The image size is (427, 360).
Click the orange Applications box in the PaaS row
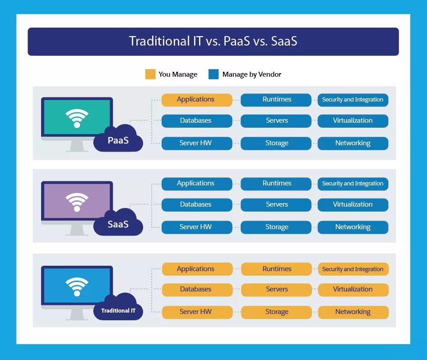tap(196, 100)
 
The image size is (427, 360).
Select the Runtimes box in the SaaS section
tap(276, 184)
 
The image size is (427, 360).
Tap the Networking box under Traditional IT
tap(353, 312)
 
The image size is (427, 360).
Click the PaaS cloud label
tap(118, 140)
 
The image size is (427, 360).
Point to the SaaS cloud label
tap(118, 224)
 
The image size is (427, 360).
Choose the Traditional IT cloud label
tap(118, 310)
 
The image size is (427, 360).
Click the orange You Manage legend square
tap(150, 74)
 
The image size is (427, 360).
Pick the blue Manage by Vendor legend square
tap(213, 74)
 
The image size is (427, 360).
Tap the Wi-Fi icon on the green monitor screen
tap(77, 118)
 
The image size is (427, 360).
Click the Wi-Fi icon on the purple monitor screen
tap(77, 202)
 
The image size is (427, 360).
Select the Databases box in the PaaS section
tap(196, 121)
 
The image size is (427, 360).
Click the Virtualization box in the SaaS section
tap(353, 205)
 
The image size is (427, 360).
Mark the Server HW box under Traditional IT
tap(196, 312)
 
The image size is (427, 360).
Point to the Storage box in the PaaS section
tap(276, 143)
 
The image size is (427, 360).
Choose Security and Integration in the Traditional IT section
tap(353, 269)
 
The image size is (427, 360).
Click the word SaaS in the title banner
tap(284, 42)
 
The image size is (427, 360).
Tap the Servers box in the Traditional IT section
tap(276, 290)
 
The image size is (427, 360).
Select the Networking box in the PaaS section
tap(353, 143)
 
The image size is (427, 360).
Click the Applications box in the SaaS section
tap(196, 184)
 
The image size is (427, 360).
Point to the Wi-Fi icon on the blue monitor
tap(77, 286)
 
